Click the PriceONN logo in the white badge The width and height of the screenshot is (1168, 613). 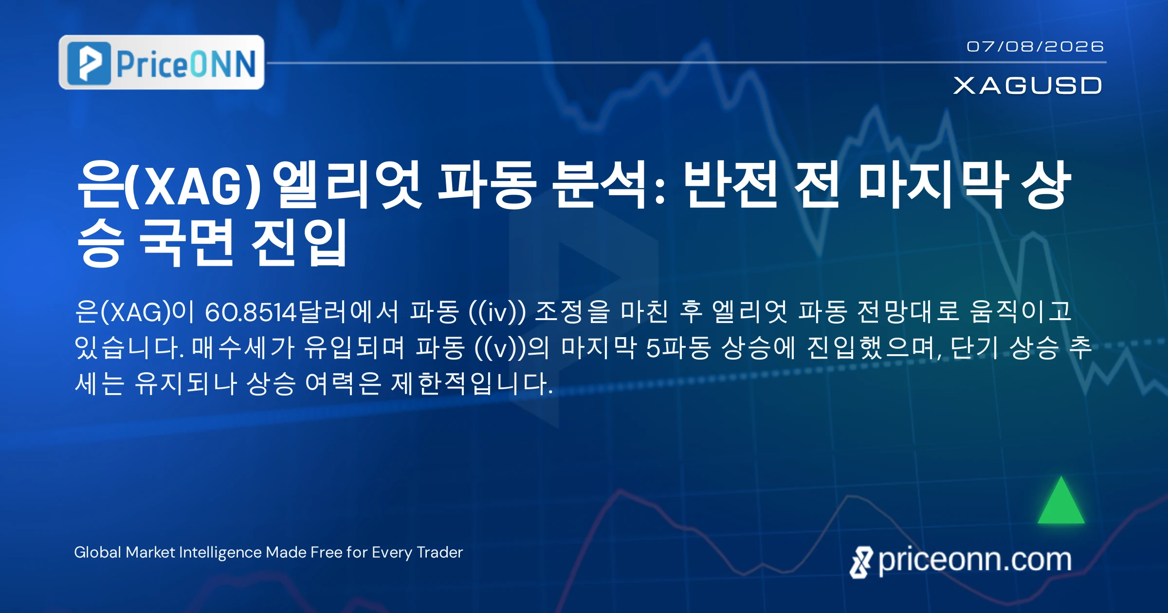pos(162,62)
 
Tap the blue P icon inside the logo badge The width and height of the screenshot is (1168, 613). pos(89,63)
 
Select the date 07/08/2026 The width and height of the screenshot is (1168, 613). pos(1035,47)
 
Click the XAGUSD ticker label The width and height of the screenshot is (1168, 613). pos(1027,86)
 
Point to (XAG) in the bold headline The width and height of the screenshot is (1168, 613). pos(193,185)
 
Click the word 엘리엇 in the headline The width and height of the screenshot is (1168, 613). pos(347,184)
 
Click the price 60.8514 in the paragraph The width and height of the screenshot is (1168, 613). pos(251,312)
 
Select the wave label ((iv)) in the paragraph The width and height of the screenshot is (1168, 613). pos(497,312)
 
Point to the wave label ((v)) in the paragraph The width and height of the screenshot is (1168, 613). pos(501,348)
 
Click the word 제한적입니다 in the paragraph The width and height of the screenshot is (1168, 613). pos(472,383)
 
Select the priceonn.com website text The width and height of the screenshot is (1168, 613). pos(975,560)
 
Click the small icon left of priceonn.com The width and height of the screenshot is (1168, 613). pos(861,562)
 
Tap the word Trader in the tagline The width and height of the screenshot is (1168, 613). pos(440,552)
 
